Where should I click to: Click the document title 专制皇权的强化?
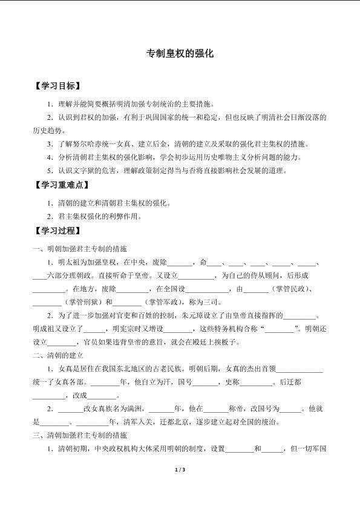180,54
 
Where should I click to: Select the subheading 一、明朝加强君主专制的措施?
80,249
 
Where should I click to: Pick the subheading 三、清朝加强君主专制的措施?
80,435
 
